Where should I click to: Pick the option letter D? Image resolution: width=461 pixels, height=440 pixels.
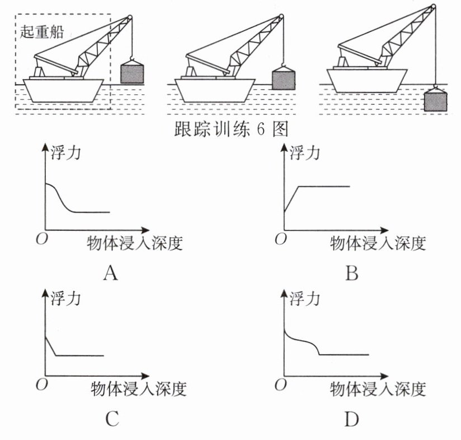pyautogui.click(x=352, y=418)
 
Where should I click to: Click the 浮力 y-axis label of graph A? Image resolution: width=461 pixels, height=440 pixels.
pyautogui.click(x=65, y=153)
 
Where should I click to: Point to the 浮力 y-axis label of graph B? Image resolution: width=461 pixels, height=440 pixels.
pyautogui.click(x=305, y=153)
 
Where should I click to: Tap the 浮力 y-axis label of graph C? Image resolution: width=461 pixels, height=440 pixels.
pyautogui.click(x=65, y=298)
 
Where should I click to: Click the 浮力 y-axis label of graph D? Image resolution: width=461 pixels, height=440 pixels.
pyautogui.click(x=305, y=298)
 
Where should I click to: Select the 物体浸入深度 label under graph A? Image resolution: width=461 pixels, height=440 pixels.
pyautogui.click(x=135, y=243)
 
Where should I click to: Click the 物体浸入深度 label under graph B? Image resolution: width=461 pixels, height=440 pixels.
pyautogui.click(x=378, y=243)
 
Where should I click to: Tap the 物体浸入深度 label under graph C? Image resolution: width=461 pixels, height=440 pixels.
pyautogui.click(x=137, y=388)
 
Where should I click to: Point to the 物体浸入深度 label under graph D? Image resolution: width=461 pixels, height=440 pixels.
pyautogui.click(x=378, y=388)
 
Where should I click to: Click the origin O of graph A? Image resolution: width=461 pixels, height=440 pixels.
pyautogui.click(x=40, y=240)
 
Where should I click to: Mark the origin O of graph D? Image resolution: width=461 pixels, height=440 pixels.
pyautogui.click(x=281, y=384)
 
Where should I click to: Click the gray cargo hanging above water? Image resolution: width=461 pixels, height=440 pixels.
pyautogui.click(x=132, y=73)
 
